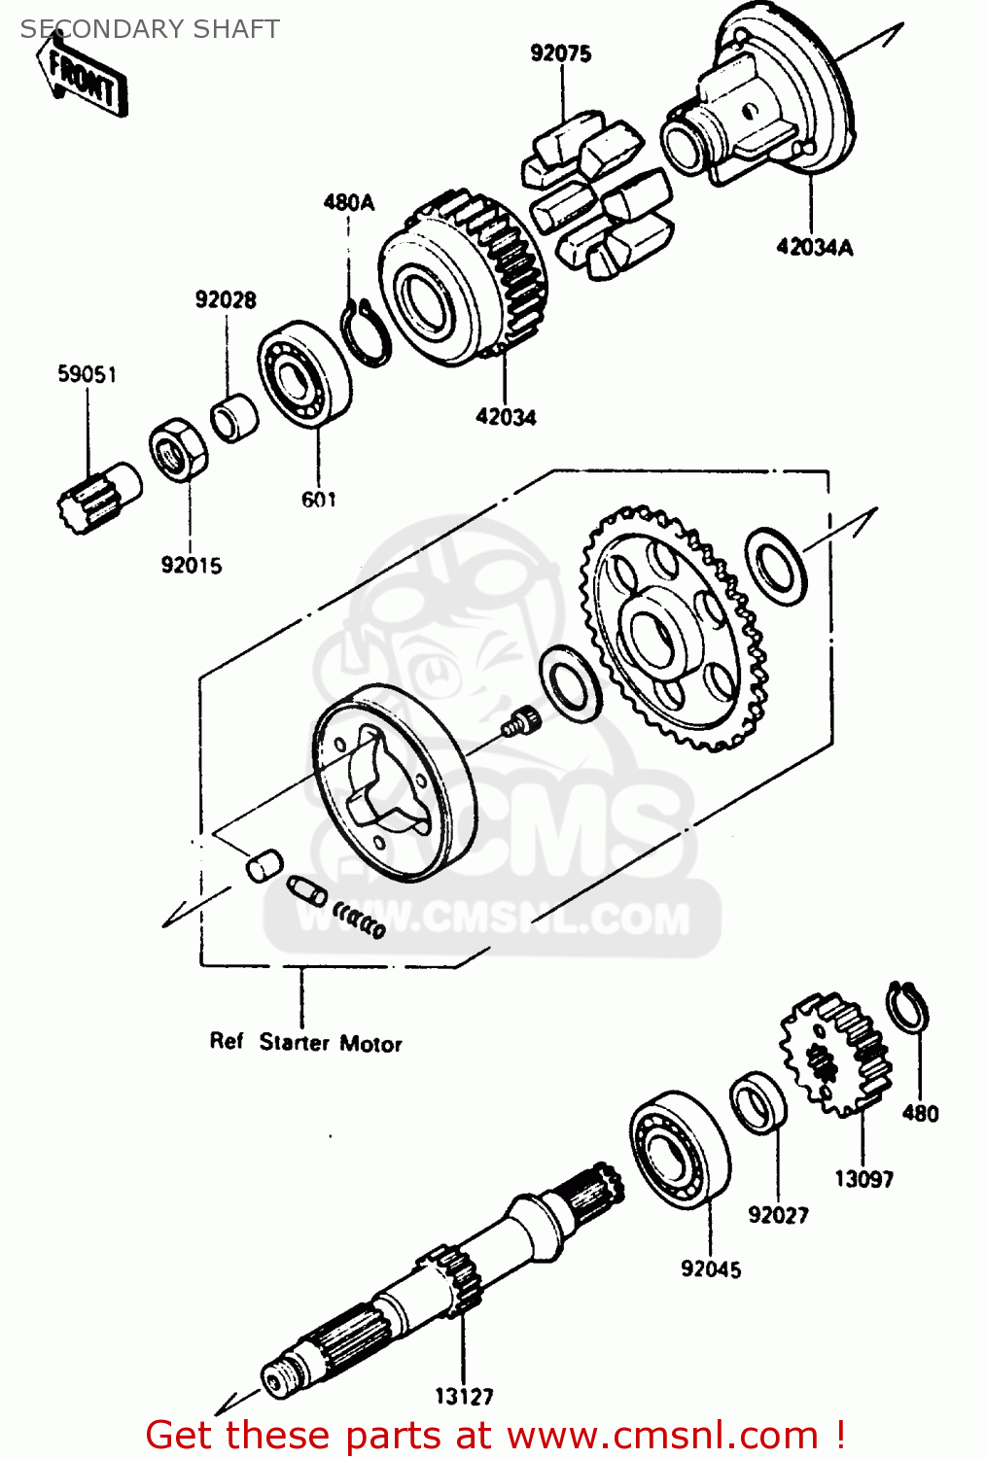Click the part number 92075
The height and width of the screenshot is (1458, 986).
point(561,53)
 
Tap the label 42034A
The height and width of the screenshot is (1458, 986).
point(814,247)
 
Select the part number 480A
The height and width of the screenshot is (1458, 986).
point(348,202)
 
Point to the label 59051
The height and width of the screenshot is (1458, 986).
point(87,374)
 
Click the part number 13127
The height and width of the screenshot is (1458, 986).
point(464,1397)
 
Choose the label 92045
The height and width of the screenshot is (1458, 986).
point(711,1268)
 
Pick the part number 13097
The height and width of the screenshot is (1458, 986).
point(863,1179)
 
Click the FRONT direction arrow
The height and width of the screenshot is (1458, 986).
point(83,78)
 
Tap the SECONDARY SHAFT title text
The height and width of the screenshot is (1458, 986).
point(150,29)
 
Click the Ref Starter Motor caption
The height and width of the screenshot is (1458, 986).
point(305,1042)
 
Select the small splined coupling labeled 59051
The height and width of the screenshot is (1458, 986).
point(97,496)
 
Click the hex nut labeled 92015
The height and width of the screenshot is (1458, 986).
point(178,449)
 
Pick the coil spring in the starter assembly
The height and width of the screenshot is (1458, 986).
point(360,919)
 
